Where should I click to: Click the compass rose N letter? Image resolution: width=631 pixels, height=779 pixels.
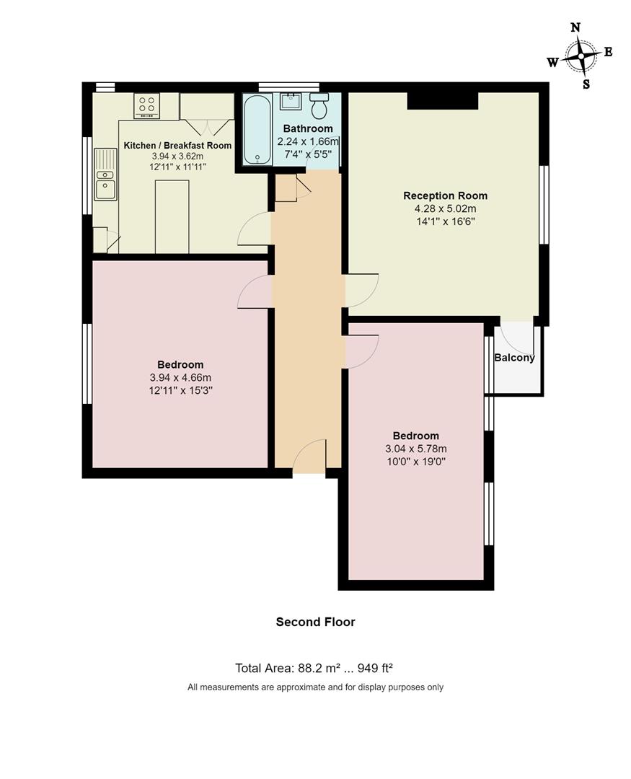pos(575,28)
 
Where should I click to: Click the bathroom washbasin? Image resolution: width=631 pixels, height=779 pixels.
pos(291,100)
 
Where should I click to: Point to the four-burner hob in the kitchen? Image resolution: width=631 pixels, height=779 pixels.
pos(146,105)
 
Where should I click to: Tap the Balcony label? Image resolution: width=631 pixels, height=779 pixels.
pos(514,358)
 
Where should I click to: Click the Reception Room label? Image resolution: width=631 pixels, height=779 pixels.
pos(445,195)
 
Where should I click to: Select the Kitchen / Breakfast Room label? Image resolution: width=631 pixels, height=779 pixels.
pos(177,146)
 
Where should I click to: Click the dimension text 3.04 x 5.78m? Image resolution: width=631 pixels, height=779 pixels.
pos(416,449)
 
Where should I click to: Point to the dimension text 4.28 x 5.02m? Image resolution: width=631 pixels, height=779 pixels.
pos(445,208)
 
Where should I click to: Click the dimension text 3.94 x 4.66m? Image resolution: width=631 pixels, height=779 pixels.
pos(180,377)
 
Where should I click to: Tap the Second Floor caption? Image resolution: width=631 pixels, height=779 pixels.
pos(315,622)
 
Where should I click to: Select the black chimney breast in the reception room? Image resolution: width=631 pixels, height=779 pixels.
pos(442,100)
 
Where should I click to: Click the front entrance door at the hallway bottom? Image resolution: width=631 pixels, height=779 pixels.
pos(309,458)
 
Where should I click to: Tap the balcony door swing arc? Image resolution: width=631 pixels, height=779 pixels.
pos(515,336)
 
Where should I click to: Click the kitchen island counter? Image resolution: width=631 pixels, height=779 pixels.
pos(172,216)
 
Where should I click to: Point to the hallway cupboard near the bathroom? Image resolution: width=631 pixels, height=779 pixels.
pos(286,188)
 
